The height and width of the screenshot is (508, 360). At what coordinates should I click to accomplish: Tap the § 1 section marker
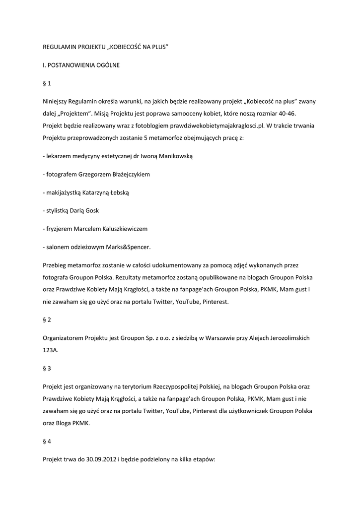coord(47,83)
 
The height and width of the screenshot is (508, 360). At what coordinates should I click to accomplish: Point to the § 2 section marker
coord(47,319)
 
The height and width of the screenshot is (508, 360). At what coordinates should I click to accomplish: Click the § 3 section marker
coord(47,368)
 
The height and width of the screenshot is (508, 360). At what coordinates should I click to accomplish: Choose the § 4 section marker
coord(47,441)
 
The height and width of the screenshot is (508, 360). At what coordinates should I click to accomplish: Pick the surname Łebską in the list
coord(117,192)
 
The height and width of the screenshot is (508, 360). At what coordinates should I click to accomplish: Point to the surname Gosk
coord(92,211)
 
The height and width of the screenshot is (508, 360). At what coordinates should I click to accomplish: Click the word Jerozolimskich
coord(285,338)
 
